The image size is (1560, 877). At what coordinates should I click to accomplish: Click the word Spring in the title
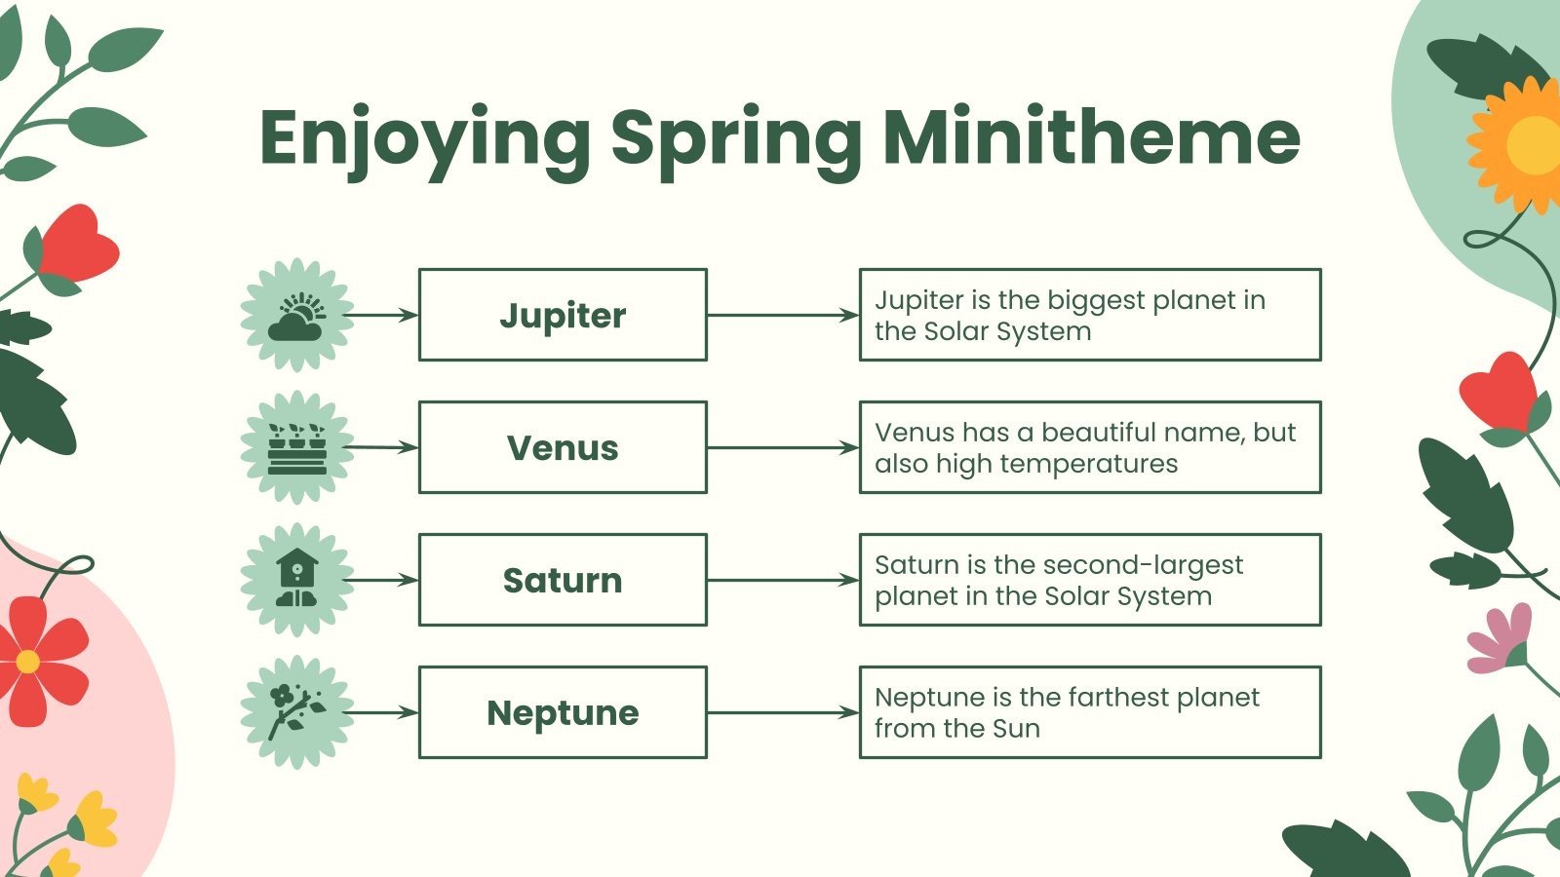[x=735, y=139]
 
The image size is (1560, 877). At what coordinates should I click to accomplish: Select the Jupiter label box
[x=563, y=315]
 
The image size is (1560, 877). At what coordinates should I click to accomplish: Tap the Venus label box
[x=563, y=447]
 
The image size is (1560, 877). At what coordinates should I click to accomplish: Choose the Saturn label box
[x=563, y=580]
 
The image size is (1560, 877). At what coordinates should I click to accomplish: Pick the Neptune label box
[x=563, y=712]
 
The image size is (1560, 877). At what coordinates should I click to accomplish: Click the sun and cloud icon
[x=296, y=315]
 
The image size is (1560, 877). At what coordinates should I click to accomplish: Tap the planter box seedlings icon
[x=296, y=447]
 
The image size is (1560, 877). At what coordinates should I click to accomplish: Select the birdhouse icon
[x=296, y=580]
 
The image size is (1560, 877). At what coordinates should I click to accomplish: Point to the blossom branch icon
[x=296, y=712]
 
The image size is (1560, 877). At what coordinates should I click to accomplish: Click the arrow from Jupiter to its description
[x=782, y=315]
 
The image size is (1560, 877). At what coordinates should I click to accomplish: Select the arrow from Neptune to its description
[x=782, y=712]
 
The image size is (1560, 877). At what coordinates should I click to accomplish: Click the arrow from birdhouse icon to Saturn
[x=382, y=580]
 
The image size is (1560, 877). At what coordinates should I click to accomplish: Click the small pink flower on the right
[x=1501, y=638]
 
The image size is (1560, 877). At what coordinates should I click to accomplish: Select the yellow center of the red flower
[x=27, y=662]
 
